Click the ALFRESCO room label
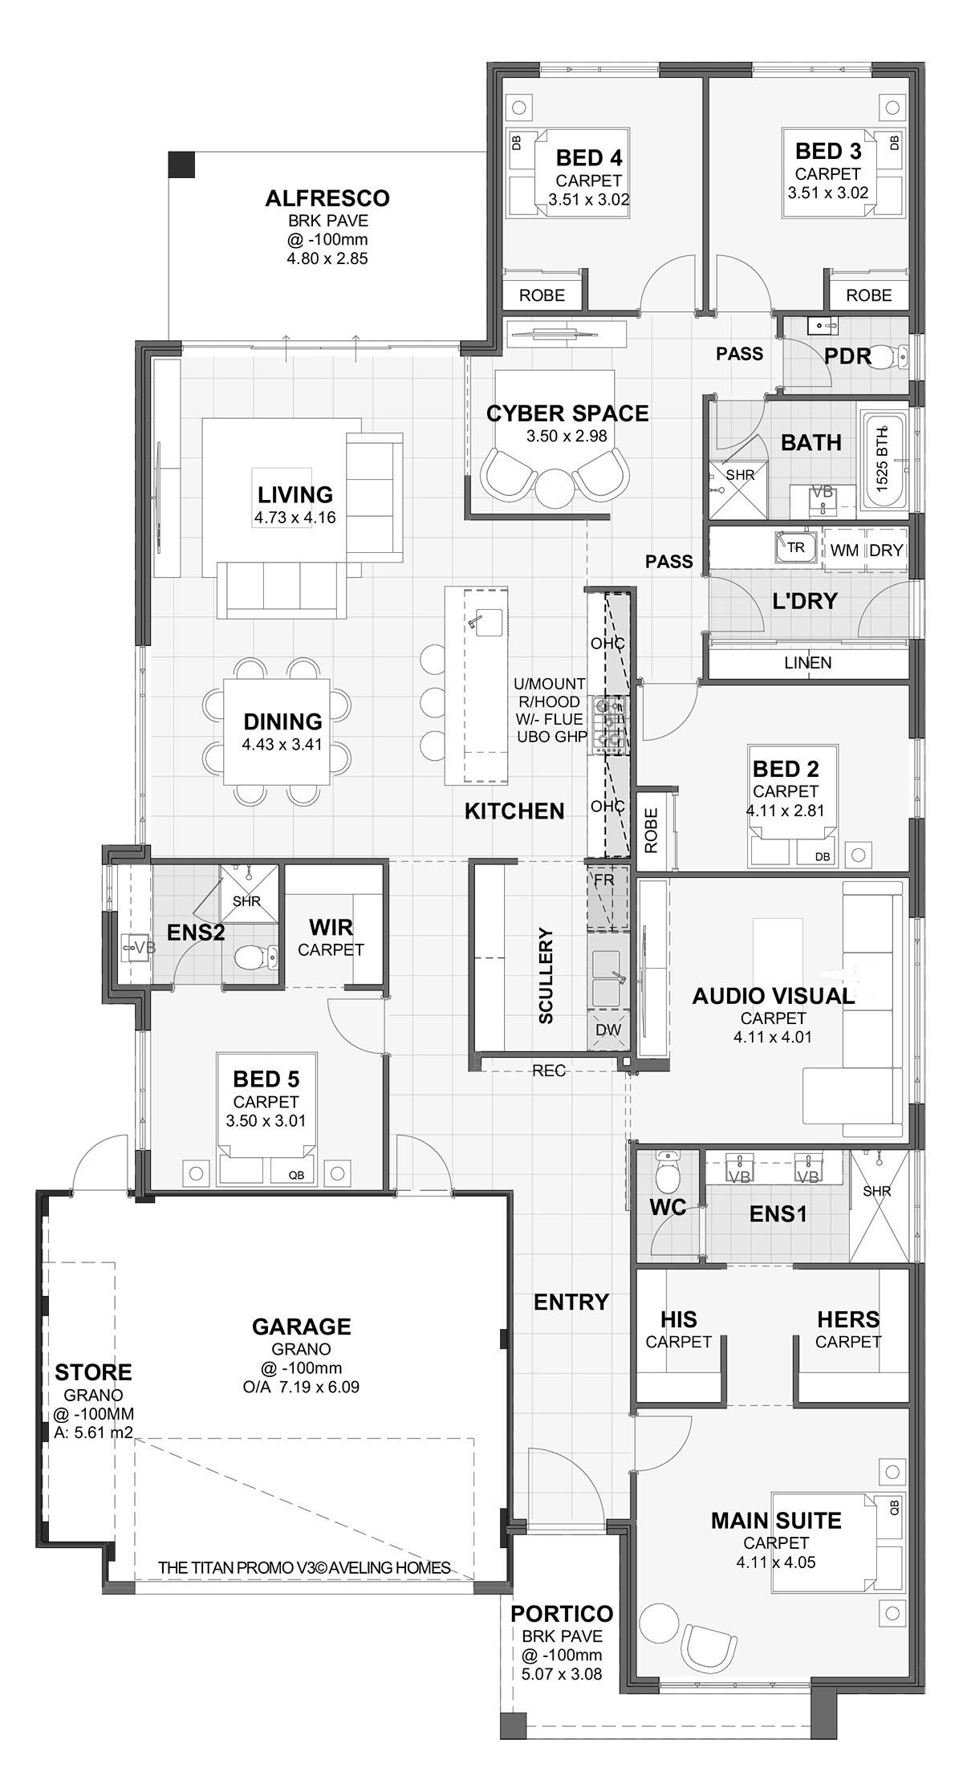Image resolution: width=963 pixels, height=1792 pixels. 327,197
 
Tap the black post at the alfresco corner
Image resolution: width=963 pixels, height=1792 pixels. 181,164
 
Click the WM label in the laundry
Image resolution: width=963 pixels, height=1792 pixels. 844,551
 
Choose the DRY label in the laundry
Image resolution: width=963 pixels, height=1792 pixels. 886,551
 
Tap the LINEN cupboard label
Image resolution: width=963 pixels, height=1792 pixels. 807,663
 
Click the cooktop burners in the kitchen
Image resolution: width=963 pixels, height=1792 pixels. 608,724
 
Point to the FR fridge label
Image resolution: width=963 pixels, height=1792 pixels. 603,880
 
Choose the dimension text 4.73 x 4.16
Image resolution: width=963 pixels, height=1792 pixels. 295,518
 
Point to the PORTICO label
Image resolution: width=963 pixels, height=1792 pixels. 562,1613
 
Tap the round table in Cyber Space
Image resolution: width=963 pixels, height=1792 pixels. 552,486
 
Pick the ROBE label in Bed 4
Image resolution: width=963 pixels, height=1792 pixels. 542,295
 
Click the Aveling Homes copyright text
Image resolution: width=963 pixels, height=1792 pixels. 304,1567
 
